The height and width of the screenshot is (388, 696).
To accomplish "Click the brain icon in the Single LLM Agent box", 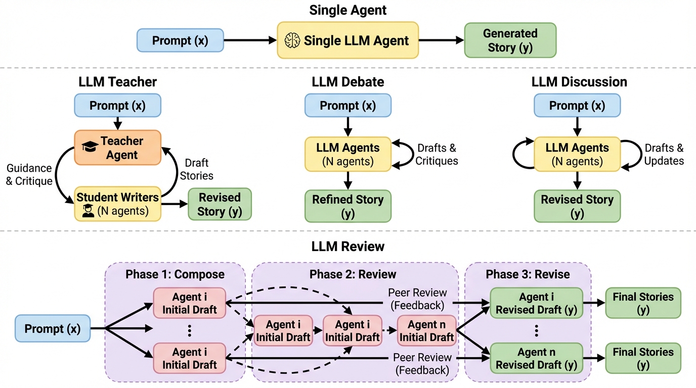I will [292, 40].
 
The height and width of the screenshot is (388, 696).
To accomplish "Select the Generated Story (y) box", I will [510, 40].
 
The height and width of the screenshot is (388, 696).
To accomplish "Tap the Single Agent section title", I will [348, 10].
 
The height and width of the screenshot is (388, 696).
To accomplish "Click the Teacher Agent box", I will [117, 148].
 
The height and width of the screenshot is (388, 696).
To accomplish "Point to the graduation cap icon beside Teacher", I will [90, 147].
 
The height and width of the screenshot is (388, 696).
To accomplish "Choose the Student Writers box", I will [117, 204].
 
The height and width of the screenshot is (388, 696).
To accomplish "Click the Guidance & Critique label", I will [29, 174].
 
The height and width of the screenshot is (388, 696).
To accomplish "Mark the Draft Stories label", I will [197, 169].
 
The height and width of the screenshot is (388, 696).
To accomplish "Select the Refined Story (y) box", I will [348, 206].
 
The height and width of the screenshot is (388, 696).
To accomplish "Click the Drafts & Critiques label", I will [438, 155].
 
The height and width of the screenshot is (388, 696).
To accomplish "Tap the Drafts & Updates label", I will [664, 155].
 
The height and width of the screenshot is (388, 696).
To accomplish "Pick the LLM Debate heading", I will [348, 82].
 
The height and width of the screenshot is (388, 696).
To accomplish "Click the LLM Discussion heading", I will [579, 82].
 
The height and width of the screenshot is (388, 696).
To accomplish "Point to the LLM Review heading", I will [348, 247].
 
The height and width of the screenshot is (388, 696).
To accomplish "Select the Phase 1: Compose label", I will [175, 274].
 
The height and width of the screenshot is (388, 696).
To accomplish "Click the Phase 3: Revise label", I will [528, 274].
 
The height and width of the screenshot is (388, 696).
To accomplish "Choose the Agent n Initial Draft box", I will [426, 331].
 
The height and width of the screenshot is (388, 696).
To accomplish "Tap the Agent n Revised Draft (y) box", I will [536, 358].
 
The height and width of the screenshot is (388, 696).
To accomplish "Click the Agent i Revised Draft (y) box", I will [536, 303].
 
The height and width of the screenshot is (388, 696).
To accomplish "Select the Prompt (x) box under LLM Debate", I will [348, 106].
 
